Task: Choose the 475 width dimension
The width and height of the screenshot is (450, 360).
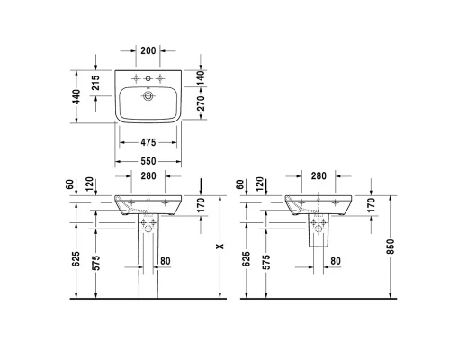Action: point(149,143)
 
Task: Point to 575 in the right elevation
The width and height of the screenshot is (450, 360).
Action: point(267,263)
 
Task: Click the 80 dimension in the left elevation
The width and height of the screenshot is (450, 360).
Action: point(164,262)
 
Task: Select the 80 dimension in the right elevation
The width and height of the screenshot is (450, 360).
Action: point(334,262)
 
